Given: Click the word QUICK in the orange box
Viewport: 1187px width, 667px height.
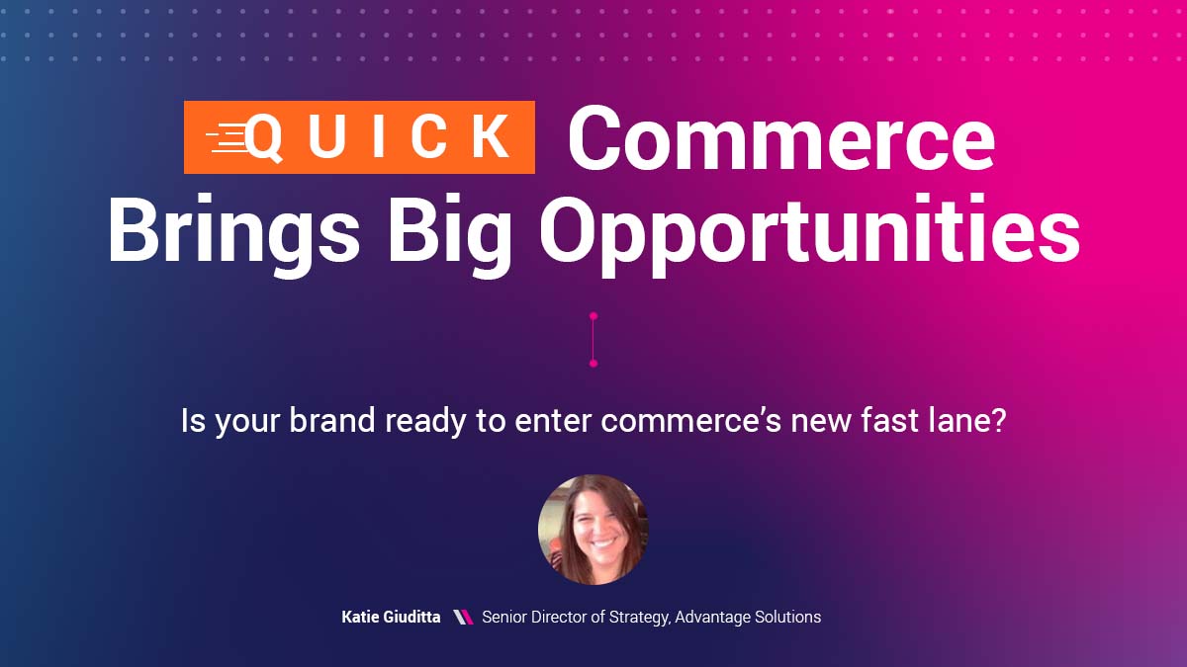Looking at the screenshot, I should click(x=380, y=138).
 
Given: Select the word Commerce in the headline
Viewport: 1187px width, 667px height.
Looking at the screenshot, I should click(x=780, y=138).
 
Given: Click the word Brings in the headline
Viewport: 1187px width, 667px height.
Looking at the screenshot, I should click(x=233, y=230).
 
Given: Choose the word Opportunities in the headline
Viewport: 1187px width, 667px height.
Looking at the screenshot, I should click(x=809, y=230).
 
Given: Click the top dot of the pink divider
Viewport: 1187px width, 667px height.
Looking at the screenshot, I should click(x=593, y=316).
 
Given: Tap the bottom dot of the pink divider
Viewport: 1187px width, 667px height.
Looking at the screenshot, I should click(x=593, y=364).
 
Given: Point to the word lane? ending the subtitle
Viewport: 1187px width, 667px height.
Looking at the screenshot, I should click(x=965, y=422).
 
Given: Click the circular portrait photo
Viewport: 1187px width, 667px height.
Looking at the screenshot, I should click(x=593, y=530).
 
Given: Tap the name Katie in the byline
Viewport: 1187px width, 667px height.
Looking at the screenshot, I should click(x=362, y=617).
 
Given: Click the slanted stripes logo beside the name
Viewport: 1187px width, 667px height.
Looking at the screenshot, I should click(x=462, y=617).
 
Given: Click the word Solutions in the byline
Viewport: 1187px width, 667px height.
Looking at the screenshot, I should click(x=785, y=617).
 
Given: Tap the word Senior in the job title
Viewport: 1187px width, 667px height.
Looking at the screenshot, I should click(x=504, y=617).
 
